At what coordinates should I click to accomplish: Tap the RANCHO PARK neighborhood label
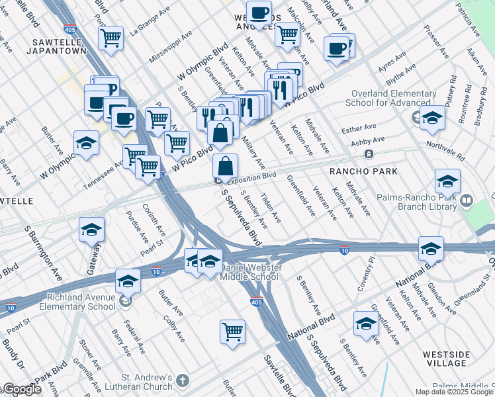tap(363, 171)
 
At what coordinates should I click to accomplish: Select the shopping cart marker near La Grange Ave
tap(111, 37)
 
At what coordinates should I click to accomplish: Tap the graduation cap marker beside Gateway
tap(92, 230)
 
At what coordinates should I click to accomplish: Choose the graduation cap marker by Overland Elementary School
tap(432, 118)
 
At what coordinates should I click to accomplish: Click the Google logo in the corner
tap(21, 390)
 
